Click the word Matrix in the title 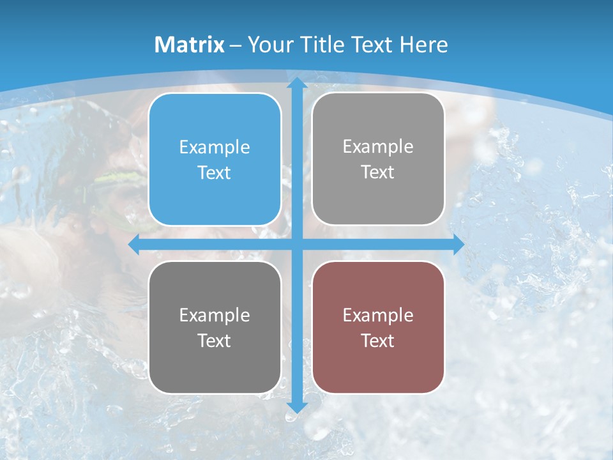[x=190, y=45]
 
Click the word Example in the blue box [x=215, y=148]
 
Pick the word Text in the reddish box [x=378, y=341]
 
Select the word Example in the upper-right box [x=378, y=147]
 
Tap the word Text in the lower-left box [x=215, y=341]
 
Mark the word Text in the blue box [x=215, y=172]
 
